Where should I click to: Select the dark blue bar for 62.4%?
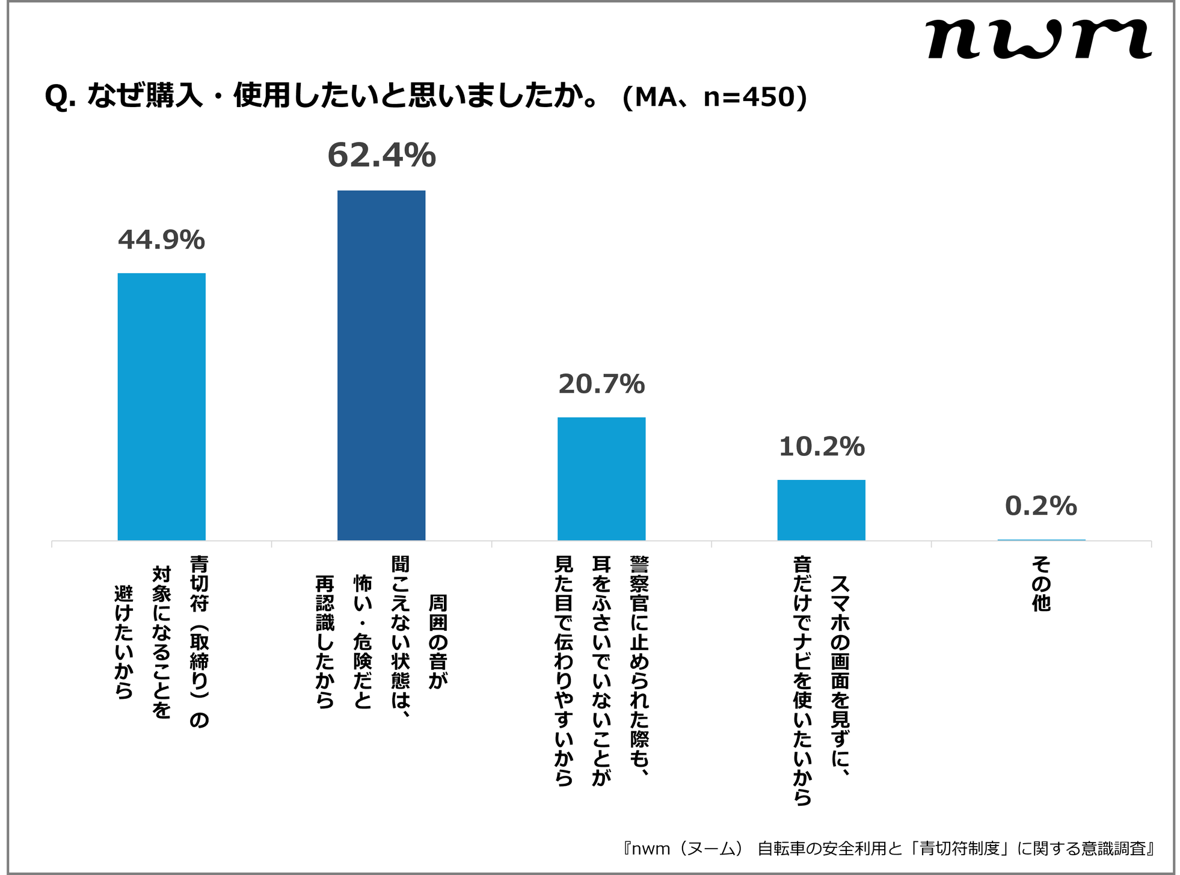(x=381, y=365)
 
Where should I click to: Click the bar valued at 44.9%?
(x=161, y=407)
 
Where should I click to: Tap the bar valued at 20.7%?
(x=601, y=479)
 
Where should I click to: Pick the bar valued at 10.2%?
(x=821, y=510)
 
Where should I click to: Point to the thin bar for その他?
(x=1041, y=540)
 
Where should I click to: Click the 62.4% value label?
(x=381, y=156)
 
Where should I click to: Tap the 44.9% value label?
(x=161, y=240)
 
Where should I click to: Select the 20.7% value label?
(x=601, y=384)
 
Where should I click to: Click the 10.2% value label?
(x=821, y=447)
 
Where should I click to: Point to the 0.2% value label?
(x=1041, y=506)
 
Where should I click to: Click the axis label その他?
(x=1041, y=583)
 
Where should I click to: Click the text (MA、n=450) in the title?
(x=714, y=97)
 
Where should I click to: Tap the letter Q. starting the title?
(x=60, y=97)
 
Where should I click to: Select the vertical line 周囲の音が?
(x=437, y=641)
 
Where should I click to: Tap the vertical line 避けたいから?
(x=124, y=642)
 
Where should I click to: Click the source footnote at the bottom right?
(x=889, y=849)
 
